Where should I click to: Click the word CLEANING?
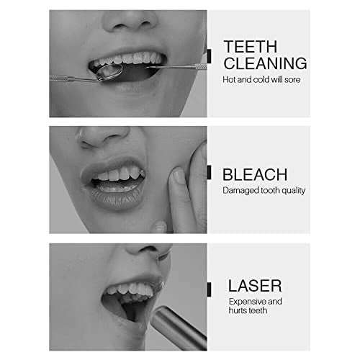click(x=265, y=63)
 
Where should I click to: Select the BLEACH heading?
click(x=255, y=174)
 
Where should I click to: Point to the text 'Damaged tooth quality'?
click(x=264, y=191)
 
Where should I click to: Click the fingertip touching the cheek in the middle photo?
click(x=179, y=175)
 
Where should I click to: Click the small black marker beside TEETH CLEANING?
click(x=209, y=53)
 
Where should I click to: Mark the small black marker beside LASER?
click(x=209, y=289)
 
